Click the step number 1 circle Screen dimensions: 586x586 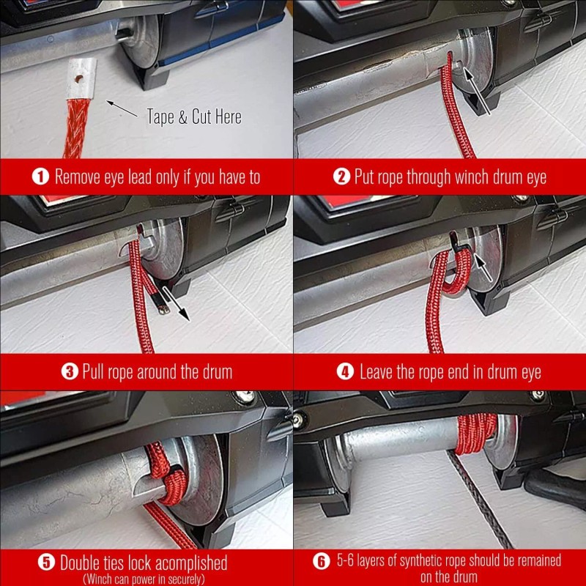[40, 177]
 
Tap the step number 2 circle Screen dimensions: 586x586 [341, 177]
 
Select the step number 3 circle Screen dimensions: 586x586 [70, 371]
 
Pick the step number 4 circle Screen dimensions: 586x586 [345, 371]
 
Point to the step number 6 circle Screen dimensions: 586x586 [322, 561]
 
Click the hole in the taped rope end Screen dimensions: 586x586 [80, 79]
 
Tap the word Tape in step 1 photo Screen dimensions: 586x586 [160, 116]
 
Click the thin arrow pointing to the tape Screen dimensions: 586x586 [122, 108]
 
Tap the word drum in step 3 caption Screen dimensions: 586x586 [217, 372]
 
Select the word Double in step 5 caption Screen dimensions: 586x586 [79, 563]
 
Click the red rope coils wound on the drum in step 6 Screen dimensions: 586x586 [475, 434]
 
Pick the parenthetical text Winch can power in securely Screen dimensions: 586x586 [144, 579]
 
